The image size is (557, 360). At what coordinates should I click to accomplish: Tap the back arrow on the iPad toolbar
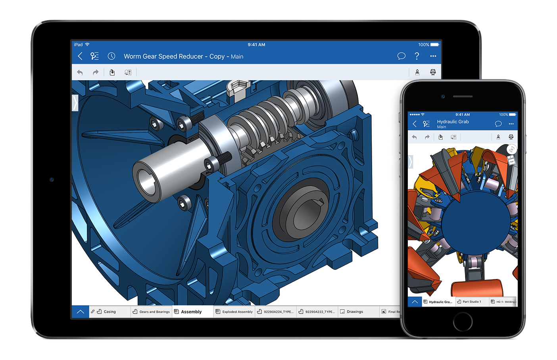[x=80, y=56]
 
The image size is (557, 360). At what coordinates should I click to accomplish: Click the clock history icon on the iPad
[x=111, y=56]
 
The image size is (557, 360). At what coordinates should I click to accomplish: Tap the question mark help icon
[x=417, y=56]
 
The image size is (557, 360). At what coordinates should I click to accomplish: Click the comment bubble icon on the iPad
[x=401, y=56]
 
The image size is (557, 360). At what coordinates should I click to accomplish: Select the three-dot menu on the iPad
[x=433, y=56]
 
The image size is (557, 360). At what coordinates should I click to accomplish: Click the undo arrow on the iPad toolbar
[x=80, y=72]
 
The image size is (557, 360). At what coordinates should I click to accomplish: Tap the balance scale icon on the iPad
[x=433, y=72]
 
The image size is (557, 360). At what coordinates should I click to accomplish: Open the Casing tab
[x=109, y=312]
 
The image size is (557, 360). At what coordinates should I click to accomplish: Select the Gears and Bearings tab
[x=154, y=312]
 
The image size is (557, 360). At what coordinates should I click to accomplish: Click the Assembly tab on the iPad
[x=191, y=312]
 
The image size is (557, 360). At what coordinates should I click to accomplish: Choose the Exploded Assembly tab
[x=237, y=312]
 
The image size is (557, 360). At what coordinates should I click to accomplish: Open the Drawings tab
[x=355, y=312]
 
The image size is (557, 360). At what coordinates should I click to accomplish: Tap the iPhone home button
[x=463, y=321]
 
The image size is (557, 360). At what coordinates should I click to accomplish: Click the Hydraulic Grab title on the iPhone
[x=453, y=122]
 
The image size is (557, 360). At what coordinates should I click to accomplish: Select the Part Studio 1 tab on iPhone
[x=471, y=302]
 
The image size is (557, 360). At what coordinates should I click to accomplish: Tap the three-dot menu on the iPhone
[x=511, y=124]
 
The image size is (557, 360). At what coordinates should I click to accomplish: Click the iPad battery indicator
[x=434, y=45]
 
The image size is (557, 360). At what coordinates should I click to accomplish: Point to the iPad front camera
[x=52, y=180]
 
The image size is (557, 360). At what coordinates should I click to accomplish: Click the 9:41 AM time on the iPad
[x=256, y=45]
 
